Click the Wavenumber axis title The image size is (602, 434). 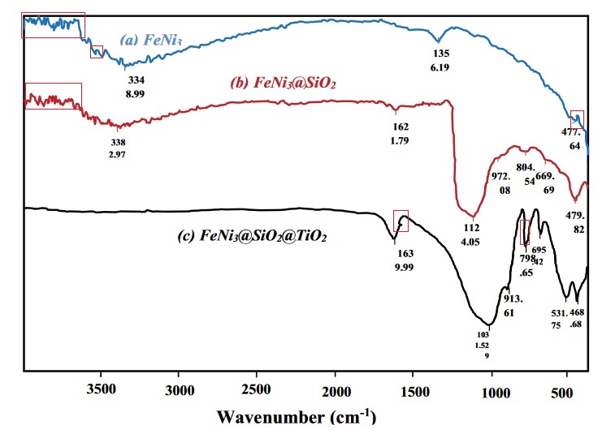297,418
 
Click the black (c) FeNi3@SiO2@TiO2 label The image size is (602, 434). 258,238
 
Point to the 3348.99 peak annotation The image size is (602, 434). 136,87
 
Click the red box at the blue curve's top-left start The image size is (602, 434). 53,25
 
